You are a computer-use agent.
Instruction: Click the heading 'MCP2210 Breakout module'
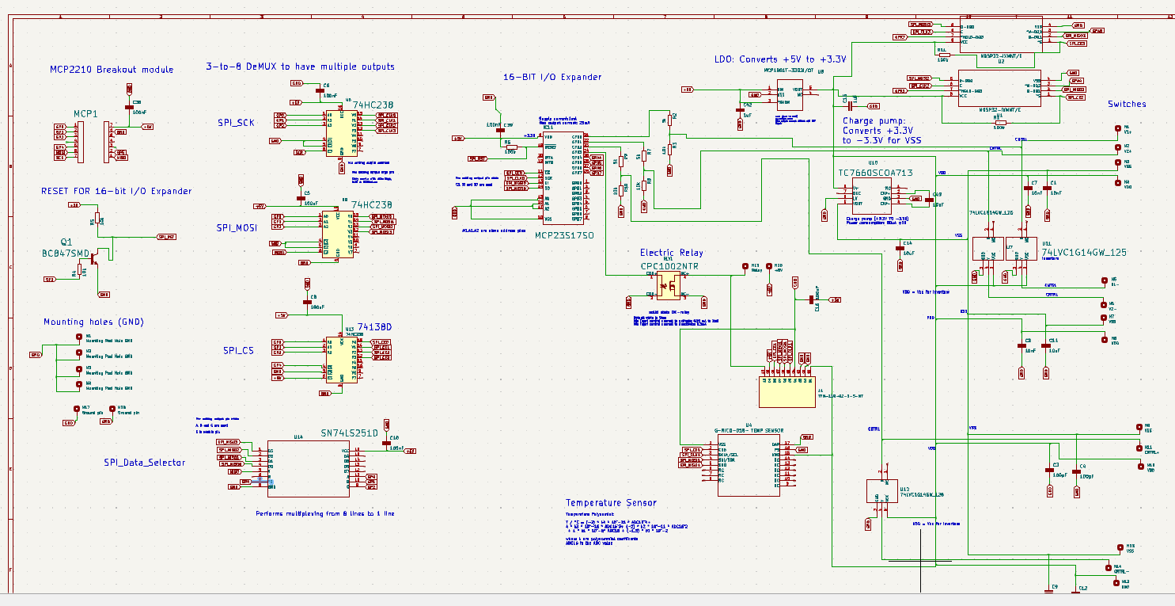coord(111,70)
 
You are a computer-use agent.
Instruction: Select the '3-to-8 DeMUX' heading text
coord(300,67)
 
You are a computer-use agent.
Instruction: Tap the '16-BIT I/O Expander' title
coord(552,77)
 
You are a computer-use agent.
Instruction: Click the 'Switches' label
coord(1126,104)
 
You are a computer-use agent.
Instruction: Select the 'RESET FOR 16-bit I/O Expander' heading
coord(116,191)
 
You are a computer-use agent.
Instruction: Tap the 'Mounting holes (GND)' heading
coord(93,322)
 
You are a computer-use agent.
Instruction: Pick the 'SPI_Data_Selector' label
coord(144,462)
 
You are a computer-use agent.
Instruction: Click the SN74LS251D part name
coord(350,433)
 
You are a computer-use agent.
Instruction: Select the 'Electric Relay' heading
coord(671,253)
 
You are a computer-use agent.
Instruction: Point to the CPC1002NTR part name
coord(670,266)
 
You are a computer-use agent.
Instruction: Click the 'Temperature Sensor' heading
coord(610,502)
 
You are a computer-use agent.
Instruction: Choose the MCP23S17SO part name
coord(564,235)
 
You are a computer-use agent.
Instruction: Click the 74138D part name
coord(375,326)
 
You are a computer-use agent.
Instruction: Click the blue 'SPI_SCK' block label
coord(236,123)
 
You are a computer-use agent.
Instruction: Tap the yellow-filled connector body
coord(787,391)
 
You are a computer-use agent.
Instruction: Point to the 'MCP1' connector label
coord(85,114)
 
